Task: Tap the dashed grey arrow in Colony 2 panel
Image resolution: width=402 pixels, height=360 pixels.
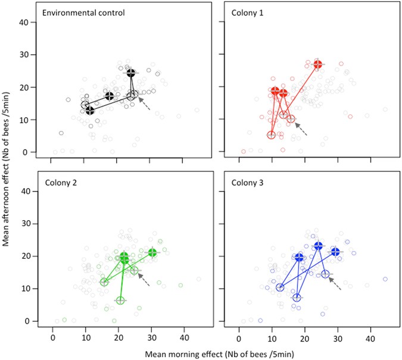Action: click(x=144, y=280)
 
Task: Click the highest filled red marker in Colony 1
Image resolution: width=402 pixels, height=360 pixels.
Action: click(x=317, y=64)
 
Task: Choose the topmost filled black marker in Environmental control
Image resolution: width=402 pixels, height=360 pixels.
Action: click(x=132, y=73)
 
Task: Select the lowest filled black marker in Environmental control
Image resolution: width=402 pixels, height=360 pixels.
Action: click(x=90, y=111)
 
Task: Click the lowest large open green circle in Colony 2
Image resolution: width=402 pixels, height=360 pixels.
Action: click(x=120, y=300)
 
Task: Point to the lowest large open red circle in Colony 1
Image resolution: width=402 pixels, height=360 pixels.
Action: click(x=272, y=135)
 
